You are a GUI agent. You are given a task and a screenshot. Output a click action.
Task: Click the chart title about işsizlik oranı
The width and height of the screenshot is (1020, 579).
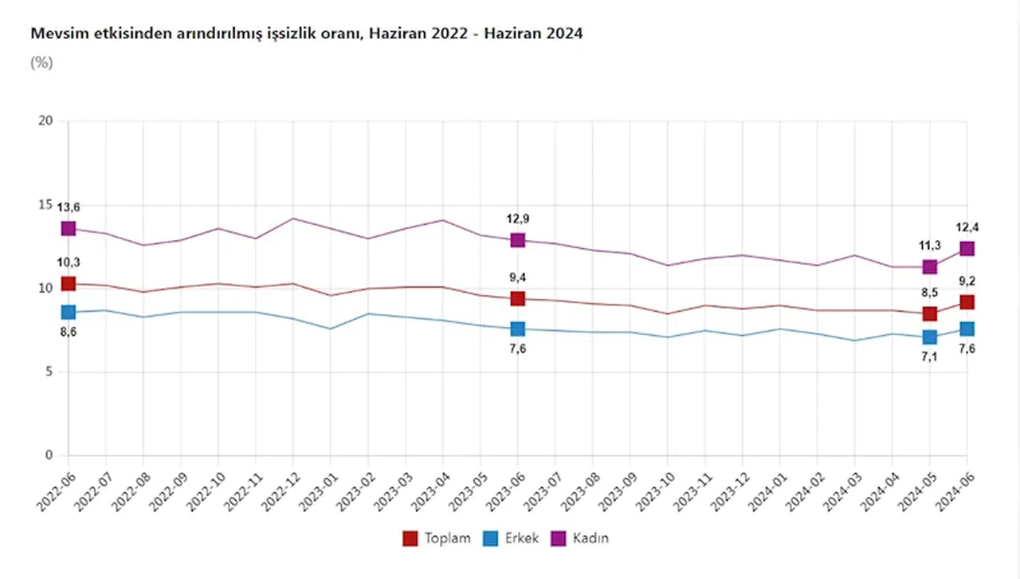(306, 34)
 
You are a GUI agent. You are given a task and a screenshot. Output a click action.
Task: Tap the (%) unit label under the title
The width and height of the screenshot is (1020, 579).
(41, 63)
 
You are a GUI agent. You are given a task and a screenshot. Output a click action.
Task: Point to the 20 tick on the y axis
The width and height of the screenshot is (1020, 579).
(45, 121)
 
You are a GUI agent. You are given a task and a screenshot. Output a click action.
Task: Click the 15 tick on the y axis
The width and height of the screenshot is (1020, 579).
(45, 205)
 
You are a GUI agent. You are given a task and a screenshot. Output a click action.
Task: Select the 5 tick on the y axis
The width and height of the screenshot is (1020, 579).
(49, 372)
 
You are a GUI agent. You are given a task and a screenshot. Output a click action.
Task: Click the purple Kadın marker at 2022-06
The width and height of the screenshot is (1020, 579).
(69, 229)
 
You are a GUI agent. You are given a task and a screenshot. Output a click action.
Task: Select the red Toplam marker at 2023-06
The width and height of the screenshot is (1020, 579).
(518, 298)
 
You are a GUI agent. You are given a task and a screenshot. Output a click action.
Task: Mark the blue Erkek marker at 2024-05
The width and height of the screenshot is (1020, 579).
(930, 337)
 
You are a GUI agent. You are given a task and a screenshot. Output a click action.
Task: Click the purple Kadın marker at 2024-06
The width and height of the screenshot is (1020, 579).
(967, 249)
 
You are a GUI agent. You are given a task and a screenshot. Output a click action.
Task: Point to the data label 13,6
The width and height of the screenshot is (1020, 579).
(69, 207)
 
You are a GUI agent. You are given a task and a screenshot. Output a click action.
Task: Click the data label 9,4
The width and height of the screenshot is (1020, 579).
(518, 278)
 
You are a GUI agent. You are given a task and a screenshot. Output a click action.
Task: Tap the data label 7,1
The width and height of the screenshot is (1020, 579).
(930, 358)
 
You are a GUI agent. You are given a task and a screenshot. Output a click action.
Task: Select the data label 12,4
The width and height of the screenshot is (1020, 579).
(967, 227)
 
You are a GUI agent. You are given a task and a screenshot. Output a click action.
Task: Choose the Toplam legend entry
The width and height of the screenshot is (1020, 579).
(437, 538)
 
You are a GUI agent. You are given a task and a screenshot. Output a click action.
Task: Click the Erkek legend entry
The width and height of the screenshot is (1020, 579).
(511, 538)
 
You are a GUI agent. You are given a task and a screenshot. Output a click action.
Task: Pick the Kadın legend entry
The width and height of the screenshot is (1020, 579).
(580, 538)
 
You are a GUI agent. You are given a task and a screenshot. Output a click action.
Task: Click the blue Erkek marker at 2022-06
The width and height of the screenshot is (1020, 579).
(69, 313)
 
